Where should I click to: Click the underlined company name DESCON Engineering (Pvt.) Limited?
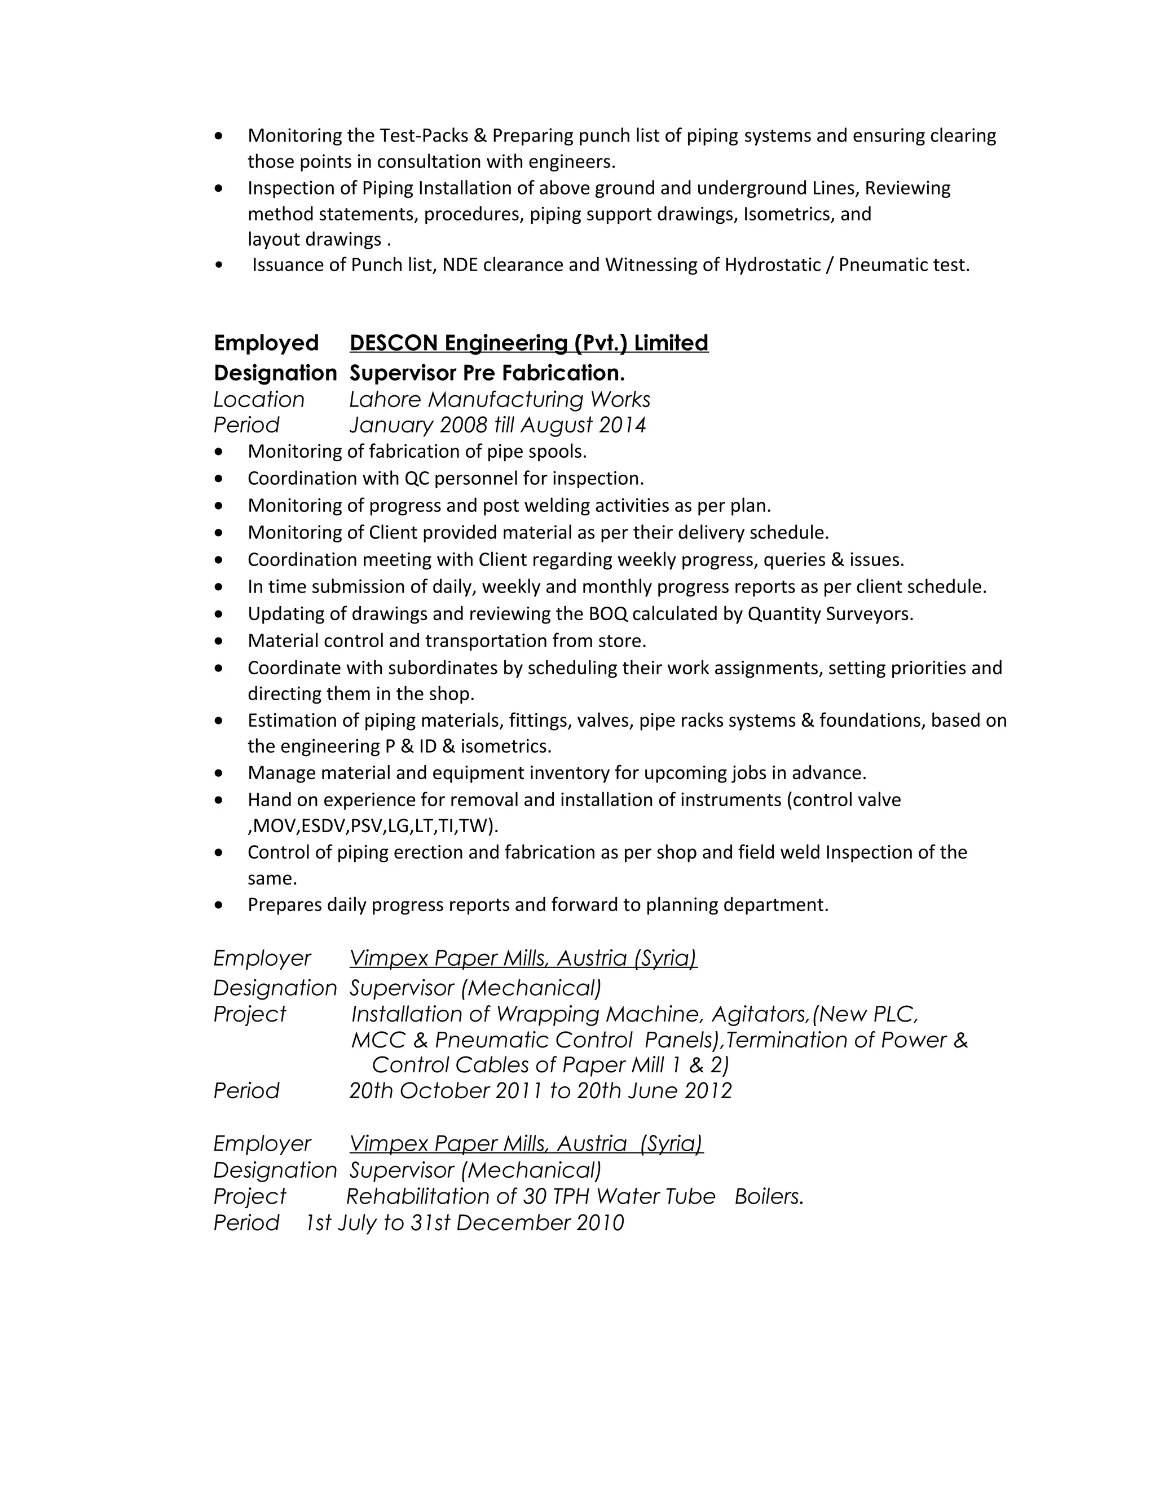(528, 343)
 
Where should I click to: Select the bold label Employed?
(266, 343)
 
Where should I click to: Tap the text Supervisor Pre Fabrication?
(487, 373)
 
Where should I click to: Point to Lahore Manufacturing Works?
(500, 400)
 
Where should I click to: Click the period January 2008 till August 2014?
(497, 426)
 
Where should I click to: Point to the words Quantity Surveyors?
(830, 613)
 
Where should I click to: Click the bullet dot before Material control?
(218, 642)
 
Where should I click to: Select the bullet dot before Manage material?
(218, 773)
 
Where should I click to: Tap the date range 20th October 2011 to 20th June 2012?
(540, 1090)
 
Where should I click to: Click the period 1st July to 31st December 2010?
(464, 1223)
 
